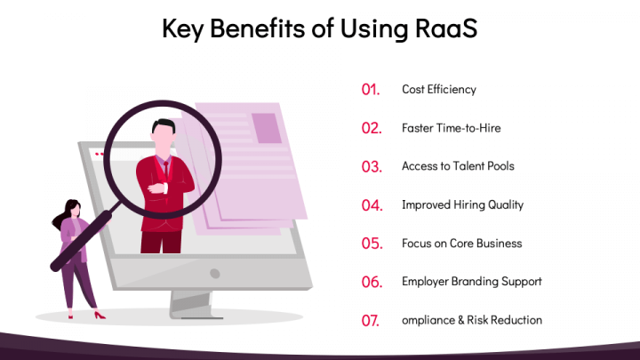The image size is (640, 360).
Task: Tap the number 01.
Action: (x=371, y=90)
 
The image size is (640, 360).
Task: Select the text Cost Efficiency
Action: (x=439, y=89)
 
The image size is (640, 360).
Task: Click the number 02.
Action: (x=372, y=128)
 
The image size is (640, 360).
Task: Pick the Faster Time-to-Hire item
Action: (x=452, y=128)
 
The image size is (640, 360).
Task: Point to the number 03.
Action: (x=372, y=166)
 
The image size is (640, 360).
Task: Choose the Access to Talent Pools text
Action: (x=458, y=166)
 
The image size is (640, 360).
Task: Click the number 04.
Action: (x=372, y=205)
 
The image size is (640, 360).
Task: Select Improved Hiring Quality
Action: (x=462, y=204)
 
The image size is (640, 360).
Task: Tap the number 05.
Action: (x=372, y=244)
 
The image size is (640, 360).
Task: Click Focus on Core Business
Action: (x=461, y=244)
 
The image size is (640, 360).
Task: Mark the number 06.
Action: (x=372, y=282)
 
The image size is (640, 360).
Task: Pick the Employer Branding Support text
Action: (x=471, y=282)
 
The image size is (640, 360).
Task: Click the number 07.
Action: (x=371, y=321)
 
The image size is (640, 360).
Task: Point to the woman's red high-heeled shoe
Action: (x=99, y=315)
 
